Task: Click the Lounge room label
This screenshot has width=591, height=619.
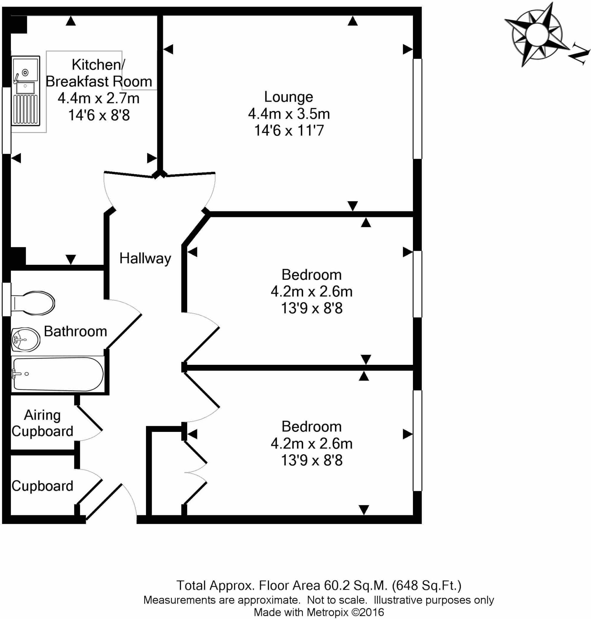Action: [x=288, y=97]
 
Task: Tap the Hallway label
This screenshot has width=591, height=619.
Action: [x=145, y=258]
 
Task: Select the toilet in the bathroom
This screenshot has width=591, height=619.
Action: [x=33, y=303]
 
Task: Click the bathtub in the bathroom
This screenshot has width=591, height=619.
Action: [x=58, y=374]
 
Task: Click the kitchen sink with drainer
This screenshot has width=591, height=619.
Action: [x=26, y=91]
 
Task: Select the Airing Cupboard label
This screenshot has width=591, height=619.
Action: [x=42, y=423]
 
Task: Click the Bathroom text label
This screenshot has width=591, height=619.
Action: [x=75, y=331]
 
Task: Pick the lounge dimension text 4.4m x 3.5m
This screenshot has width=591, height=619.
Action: [x=289, y=114]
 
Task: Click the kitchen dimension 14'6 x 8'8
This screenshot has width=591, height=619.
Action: [x=99, y=115]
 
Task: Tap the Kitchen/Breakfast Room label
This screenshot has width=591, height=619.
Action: [x=99, y=73]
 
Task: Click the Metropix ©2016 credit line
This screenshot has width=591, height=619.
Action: [x=319, y=612]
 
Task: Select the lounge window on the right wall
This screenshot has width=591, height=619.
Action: [x=417, y=109]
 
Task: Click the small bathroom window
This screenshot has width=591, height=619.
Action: [x=7, y=299]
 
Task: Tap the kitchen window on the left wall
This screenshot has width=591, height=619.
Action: [x=7, y=120]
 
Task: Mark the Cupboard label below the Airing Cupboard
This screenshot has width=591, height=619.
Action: [x=42, y=486]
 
